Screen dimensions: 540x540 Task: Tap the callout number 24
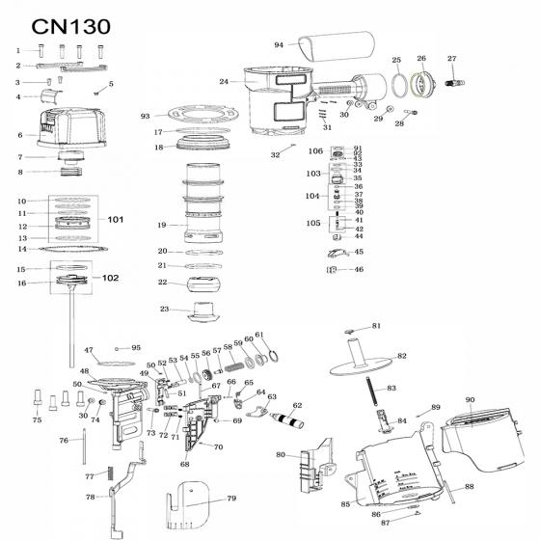224,82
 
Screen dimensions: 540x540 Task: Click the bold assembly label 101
116,220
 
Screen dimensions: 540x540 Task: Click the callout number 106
315,151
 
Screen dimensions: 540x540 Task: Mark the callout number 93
146,116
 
